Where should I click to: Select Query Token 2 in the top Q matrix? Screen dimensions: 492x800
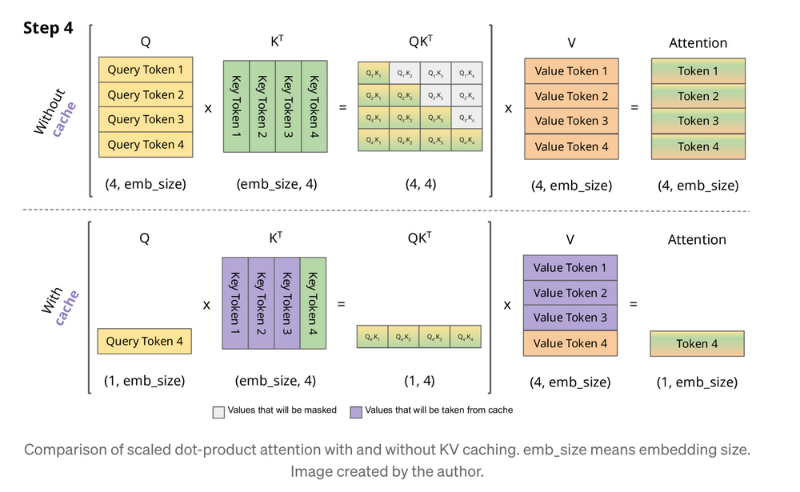click(x=146, y=94)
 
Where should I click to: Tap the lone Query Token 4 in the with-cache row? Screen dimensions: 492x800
click(x=146, y=342)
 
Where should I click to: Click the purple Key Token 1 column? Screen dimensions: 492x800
click(x=235, y=302)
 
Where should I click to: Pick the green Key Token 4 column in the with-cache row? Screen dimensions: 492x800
click(x=314, y=302)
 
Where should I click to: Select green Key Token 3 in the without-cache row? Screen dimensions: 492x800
click(x=288, y=106)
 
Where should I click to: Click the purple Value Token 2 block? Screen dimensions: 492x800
click(x=570, y=293)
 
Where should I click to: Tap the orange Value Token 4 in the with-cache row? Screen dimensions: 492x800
click(x=570, y=343)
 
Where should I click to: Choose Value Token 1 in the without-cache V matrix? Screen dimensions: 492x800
click(x=571, y=71)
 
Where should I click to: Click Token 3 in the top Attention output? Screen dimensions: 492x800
click(x=698, y=121)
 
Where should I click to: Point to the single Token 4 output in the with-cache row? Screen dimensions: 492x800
click(x=697, y=344)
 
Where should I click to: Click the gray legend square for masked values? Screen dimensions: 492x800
click(x=218, y=411)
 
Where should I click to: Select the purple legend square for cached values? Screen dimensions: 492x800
click(x=356, y=411)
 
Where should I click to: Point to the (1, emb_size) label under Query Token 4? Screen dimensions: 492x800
click(x=146, y=381)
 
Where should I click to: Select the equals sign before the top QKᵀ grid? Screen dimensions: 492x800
click(x=342, y=107)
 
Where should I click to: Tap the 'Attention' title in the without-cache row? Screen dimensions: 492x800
click(x=698, y=42)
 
